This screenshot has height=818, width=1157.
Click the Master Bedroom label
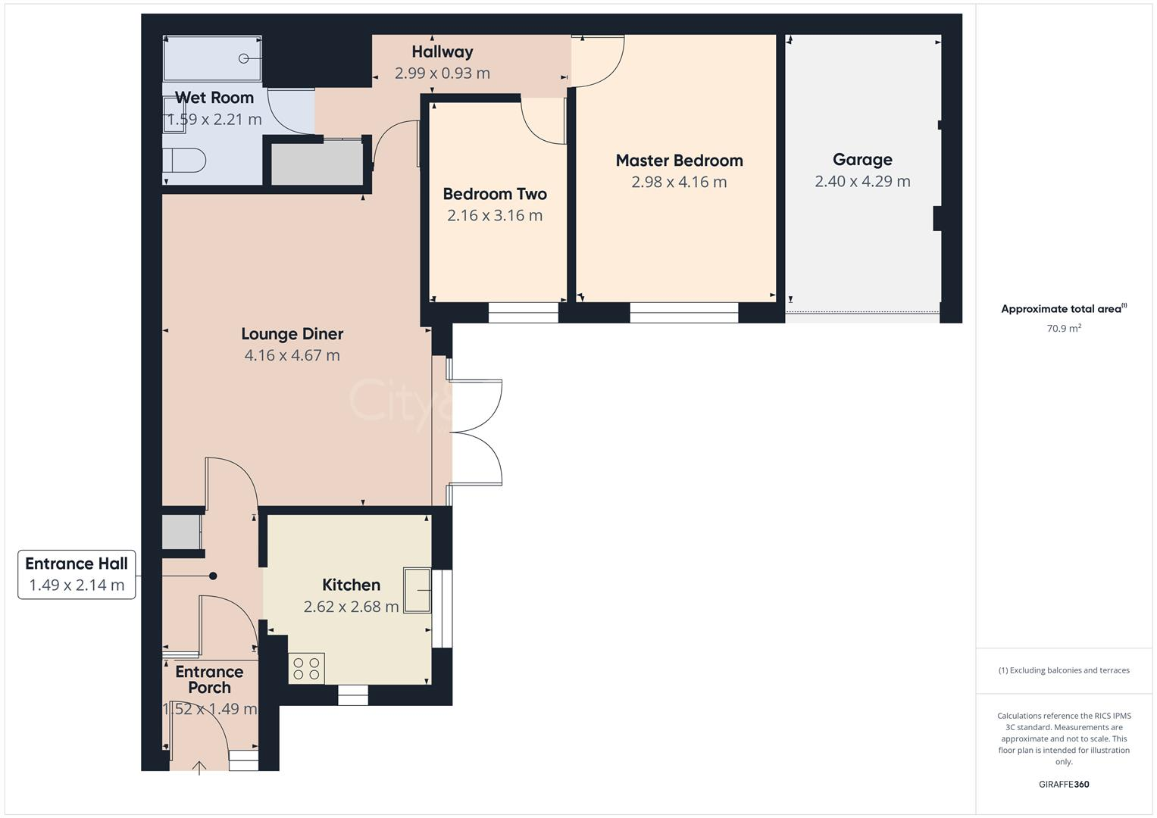[679, 161]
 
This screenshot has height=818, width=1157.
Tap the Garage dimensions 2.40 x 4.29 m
[862, 182]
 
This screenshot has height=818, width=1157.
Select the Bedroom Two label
[495, 194]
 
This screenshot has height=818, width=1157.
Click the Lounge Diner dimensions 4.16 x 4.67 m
[292, 355]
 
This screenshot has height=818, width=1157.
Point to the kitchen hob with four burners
[306, 669]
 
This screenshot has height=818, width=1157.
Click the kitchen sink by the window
[417, 590]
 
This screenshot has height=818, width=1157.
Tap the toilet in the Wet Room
[185, 161]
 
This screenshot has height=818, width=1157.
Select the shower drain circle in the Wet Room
[244, 58]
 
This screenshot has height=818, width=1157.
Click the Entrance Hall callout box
[77, 574]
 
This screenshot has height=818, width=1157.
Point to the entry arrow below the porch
[199, 768]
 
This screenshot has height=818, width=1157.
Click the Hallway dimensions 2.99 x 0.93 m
[442, 73]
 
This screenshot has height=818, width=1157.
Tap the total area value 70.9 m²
[1064, 329]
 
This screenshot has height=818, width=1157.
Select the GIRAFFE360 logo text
[1064, 784]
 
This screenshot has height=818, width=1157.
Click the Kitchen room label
[351, 585]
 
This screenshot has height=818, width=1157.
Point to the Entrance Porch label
[209, 679]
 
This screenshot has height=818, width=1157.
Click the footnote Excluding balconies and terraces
[1064, 670]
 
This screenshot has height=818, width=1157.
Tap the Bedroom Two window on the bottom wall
[523, 313]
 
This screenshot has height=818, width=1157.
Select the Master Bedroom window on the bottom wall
[683, 313]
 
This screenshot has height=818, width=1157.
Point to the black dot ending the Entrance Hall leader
[213, 576]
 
